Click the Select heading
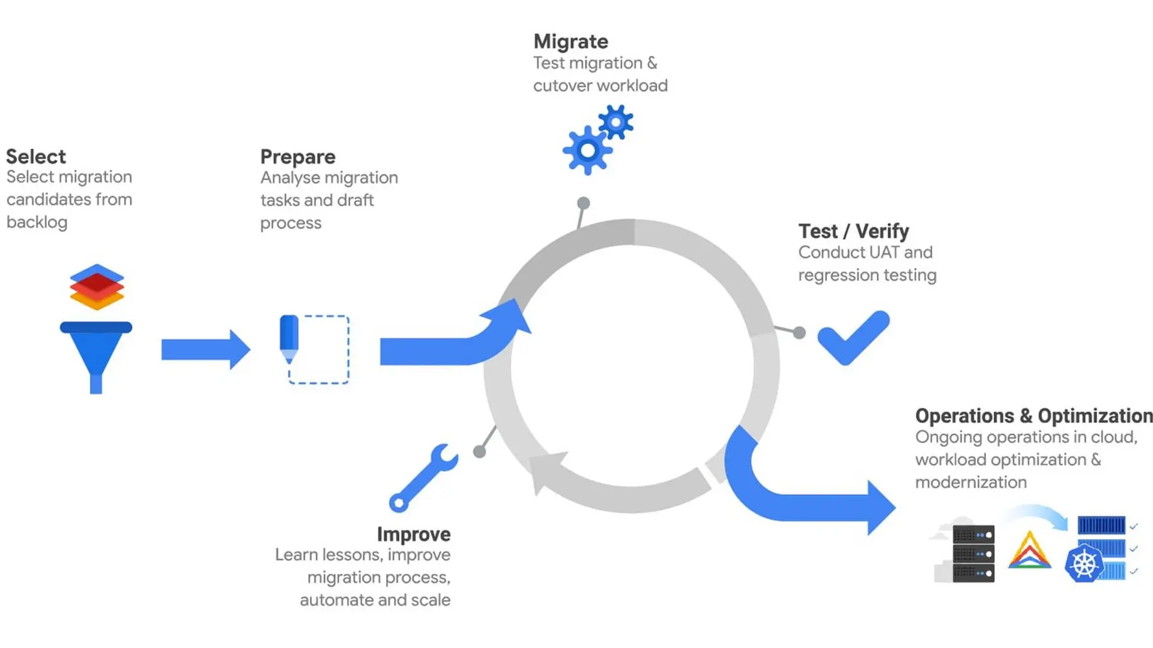36,157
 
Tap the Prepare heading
298,157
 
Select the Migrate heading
570,41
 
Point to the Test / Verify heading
853,231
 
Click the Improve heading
414,534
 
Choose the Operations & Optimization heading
1033,416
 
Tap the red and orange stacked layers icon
97,287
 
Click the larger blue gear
587,151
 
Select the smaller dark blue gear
616,122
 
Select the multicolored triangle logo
1029,551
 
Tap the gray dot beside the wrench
479,452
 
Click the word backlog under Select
37,222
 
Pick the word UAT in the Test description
880,253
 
